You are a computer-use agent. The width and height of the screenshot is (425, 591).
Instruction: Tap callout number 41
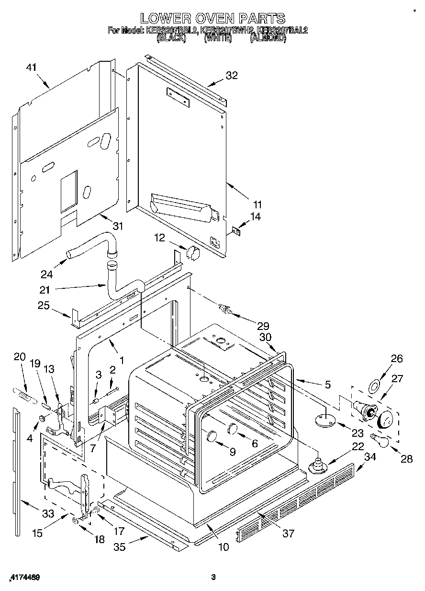pyautogui.click(x=31, y=68)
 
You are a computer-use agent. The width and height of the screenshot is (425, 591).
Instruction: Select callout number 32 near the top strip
pyautogui.click(x=232, y=75)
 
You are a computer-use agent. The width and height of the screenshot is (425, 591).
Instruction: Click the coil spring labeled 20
pyautogui.click(x=23, y=395)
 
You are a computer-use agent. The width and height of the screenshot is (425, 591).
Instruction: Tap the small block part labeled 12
pyautogui.click(x=192, y=253)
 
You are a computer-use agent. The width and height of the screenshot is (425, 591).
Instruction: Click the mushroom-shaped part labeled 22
pyautogui.click(x=317, y=466)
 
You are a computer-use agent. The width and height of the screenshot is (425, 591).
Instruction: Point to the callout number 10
pyautogui.click(x=224, y=546)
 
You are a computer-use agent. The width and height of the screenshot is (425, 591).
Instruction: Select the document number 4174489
pyautogui.click(x=24, y=578)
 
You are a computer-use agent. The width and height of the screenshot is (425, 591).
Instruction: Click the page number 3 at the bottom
pyautogui.click(x=213, y=577)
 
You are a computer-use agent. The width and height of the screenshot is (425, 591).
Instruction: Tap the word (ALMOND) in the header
pyautogui.click(x=268, y=39)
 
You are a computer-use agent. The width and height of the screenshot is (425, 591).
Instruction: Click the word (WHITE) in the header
pyautogui.click(x=218, y=39)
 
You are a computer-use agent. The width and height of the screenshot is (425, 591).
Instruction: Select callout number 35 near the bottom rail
pyautogui.click(x=119, y=546)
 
